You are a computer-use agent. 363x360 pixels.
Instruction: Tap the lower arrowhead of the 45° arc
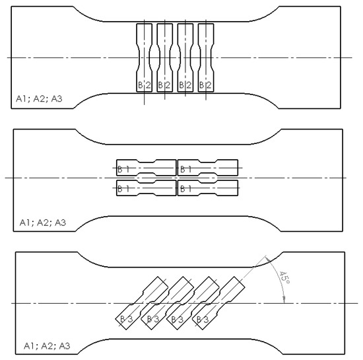(x=283, y=300)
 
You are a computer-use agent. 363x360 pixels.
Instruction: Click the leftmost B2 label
(x=144, y=85)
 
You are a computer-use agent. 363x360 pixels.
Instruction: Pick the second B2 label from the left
(x=164, y=85)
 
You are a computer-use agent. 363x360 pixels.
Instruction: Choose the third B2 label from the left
(x=185, y=85)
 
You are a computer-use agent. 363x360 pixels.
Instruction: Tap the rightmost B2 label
(x=206, y=85)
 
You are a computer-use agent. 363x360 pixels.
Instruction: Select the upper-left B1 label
(x=123, y=170)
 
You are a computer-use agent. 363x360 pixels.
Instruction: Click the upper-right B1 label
(x=185, y=170)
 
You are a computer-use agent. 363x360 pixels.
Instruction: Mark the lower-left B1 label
(x=123, y=189)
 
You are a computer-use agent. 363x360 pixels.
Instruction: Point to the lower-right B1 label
(x=185, y=189)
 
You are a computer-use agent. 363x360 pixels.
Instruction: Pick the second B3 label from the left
(x=152, y=319)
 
